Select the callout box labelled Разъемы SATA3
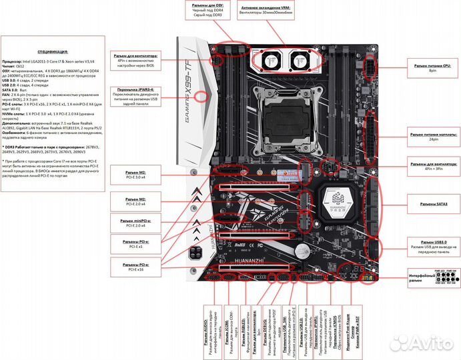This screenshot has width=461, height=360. pyautogui.click(x=433, y=203)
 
